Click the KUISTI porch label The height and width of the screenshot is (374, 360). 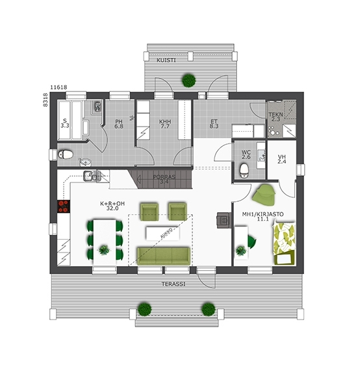click(x=166, y=60)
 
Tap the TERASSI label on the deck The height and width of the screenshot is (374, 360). click(x=174, y=284)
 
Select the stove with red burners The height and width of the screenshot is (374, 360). click(x=64, y=206)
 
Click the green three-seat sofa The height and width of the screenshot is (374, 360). click(x=164, y=256)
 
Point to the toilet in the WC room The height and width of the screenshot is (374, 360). click(x=244, y=170)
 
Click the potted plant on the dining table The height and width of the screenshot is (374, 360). click(x=104, y=250)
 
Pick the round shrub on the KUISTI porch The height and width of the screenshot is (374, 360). click(x=189, y=81)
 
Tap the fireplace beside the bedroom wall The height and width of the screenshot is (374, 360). click(x=224, y=220)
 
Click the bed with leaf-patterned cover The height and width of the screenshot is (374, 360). click(x=284, y=243)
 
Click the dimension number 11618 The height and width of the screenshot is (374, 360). click(x=58, y=87)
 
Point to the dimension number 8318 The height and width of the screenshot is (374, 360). click(x=45, y=100)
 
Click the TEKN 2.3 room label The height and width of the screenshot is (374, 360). click(x=276, y=117)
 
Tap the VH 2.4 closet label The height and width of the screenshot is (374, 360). click(x=282, y=159)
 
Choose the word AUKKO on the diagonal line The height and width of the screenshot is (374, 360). click(x=166, y=233)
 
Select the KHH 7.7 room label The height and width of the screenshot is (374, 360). click(x=165, y=124)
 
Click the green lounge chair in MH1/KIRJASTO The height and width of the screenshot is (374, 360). click(x=264, y=195)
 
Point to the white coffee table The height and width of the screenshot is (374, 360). click(x=163, y=234)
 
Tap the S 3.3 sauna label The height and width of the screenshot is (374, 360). click(x=65, y=123)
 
